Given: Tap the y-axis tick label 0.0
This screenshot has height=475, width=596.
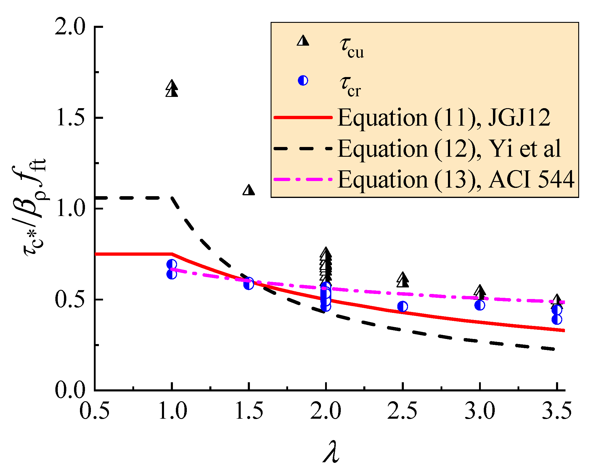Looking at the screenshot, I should point(70,391).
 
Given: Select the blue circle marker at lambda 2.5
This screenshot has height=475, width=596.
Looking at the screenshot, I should point(402,307).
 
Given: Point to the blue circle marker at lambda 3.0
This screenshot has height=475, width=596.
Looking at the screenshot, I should point(480,305).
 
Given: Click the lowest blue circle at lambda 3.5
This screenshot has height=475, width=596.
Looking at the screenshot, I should point(557,319).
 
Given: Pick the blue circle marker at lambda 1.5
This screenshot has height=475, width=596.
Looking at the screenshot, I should point(249,284).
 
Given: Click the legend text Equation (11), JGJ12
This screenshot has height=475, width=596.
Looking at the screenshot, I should point(444,118).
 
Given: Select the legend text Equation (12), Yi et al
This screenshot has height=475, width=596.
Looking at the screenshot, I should point(449,149).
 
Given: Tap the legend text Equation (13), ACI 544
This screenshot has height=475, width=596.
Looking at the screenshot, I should point(456,180).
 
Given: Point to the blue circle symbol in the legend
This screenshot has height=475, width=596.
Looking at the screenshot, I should point(303,80).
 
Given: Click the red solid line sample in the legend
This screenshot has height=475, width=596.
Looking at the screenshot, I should point(303,117).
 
